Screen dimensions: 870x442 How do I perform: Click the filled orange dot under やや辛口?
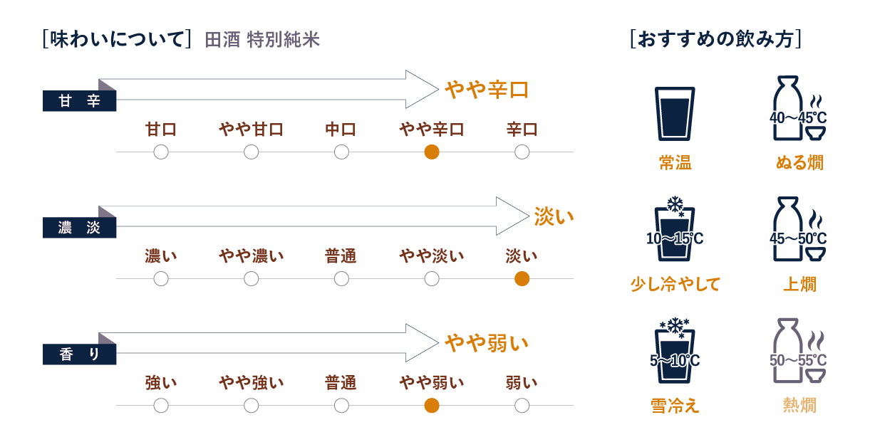point(432,152)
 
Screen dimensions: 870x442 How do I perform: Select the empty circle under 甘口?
point(161,152)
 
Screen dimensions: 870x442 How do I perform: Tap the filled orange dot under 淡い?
point(522,278)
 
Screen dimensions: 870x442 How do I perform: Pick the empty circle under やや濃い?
point(252,278)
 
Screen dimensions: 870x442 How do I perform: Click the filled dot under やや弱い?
point(432,406)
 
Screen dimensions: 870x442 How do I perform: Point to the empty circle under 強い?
point(161,406)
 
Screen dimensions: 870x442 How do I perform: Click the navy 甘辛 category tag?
point(79,100)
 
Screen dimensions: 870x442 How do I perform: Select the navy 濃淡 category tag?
point(79,227)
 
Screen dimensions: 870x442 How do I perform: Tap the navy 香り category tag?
point(79,354)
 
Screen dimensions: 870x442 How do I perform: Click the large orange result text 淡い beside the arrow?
point(554,216)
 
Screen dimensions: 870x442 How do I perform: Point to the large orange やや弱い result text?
point(487,343)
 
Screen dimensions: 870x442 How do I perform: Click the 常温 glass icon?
point(675,114)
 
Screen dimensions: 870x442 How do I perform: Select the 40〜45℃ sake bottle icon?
point(798,108)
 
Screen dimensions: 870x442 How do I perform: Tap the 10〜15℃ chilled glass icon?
point(675,229)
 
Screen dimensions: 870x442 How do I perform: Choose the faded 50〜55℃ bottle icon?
point(798,351)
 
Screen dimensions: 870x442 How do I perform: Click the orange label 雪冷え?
point(675,406)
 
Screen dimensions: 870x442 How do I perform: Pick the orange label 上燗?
point(799,284)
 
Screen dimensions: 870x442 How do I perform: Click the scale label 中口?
point(341,130)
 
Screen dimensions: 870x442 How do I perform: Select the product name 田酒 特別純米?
point(262,40)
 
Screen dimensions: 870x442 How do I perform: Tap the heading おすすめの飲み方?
point(715,39)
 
